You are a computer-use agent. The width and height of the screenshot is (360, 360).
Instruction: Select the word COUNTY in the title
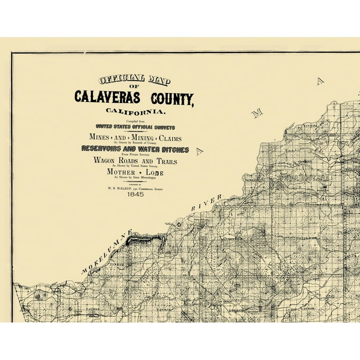click(x=172, y=99)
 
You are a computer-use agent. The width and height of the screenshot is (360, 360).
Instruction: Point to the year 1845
click(x=135, y=194)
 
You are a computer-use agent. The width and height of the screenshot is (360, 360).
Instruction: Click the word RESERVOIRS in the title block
click(x=105, y=149)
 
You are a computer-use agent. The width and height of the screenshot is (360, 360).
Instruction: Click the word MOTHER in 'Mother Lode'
click(x=121, y=172)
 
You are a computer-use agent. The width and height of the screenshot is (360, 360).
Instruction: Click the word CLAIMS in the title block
click(x=170, y=138)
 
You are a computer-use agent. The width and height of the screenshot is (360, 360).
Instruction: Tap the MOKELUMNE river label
click(x=107, y=252)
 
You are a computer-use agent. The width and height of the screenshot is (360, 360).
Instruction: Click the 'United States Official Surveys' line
click(x=135, y=127)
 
